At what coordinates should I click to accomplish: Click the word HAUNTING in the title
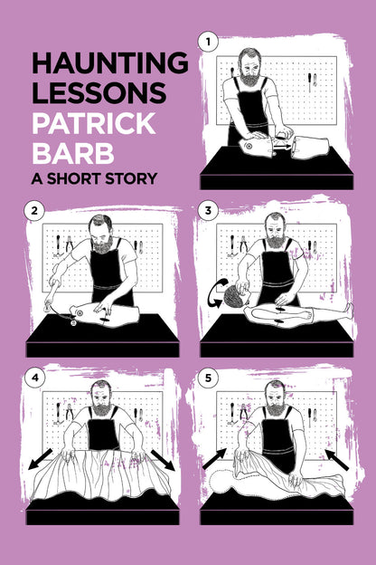109,62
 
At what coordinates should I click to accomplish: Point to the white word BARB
68,150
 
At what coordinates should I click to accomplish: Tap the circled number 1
209,41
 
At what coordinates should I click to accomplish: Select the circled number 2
34,212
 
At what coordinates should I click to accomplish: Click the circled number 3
209,212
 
